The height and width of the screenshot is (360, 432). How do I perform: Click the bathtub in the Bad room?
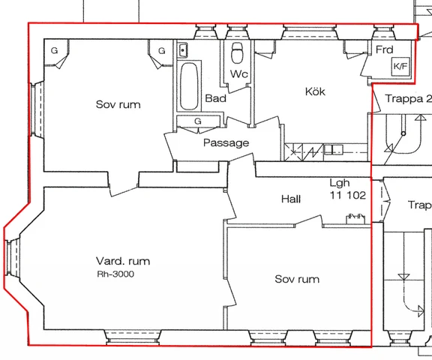[189, 86]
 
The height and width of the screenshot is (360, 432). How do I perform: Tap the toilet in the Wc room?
[237, 53]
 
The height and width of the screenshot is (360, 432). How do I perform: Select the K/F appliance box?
[400, 67]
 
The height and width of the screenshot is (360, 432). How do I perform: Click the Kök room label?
[315, 91]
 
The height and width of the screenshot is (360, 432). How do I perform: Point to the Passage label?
[226, 142]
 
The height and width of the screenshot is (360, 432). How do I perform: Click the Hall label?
[291, 199]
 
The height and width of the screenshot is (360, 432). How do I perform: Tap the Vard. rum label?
[123, 261]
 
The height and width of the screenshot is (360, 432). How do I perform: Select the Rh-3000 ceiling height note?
[115, 274]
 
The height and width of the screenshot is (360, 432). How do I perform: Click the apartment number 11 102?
[348, 195]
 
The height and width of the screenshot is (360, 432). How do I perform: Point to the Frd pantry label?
[385, 49]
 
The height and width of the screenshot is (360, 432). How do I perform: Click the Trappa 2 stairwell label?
[408, 98]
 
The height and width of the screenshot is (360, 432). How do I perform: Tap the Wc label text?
[239, 73]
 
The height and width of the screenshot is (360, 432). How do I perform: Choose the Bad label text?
[216, 98]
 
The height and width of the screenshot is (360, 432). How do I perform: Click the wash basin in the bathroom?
[182, 50]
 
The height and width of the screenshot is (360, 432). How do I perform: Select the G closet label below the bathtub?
[198, 121]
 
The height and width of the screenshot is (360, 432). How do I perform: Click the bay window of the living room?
[13, 257]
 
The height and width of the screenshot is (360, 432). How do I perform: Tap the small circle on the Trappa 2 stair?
[403, 133]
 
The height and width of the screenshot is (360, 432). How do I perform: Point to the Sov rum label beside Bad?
[118, 104]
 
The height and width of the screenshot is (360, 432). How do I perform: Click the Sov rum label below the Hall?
[297, 279]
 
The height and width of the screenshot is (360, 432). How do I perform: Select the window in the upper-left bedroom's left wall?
[37, 108]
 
